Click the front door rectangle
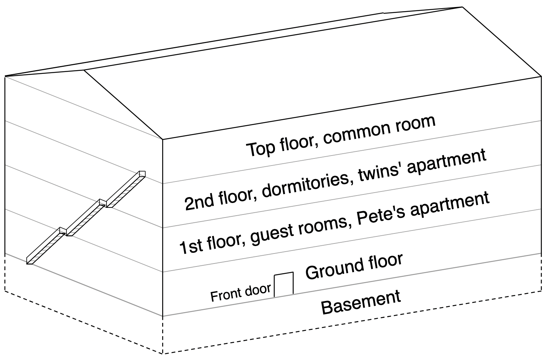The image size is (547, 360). point(284,285)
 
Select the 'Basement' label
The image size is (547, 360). point(361,302)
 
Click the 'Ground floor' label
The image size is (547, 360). point(354,266)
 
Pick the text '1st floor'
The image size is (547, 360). point(209,242)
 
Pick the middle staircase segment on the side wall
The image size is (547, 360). point(84,219)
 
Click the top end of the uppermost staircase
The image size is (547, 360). point(142,173)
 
